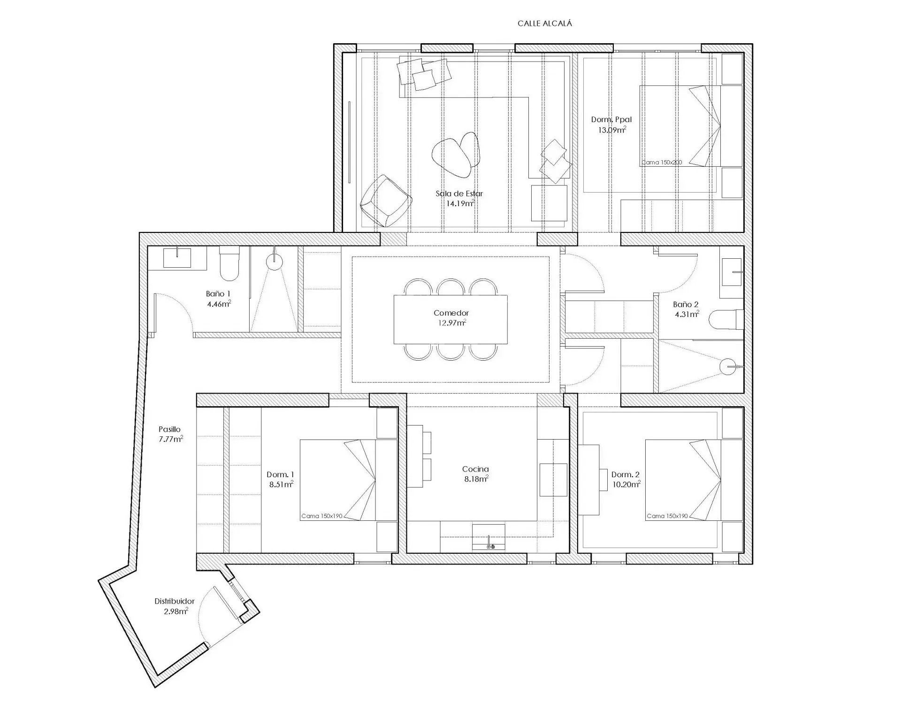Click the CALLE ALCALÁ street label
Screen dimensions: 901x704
(545, 23)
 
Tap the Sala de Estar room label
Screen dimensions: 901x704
(459, 193)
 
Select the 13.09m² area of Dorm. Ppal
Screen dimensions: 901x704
(612, 130)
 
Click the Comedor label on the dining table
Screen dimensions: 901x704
(451, 313)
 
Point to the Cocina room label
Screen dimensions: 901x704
(475, 469)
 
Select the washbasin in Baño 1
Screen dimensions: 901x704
(177, 258)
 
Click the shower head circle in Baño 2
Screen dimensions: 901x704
(729, 366)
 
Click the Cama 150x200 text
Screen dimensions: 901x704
(662, 162)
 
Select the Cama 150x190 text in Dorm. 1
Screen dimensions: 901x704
(322, 516)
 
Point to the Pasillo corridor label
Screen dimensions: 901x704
(169, 429)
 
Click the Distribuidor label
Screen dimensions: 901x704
(174, 601)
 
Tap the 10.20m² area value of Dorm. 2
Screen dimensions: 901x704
(626, 485)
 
